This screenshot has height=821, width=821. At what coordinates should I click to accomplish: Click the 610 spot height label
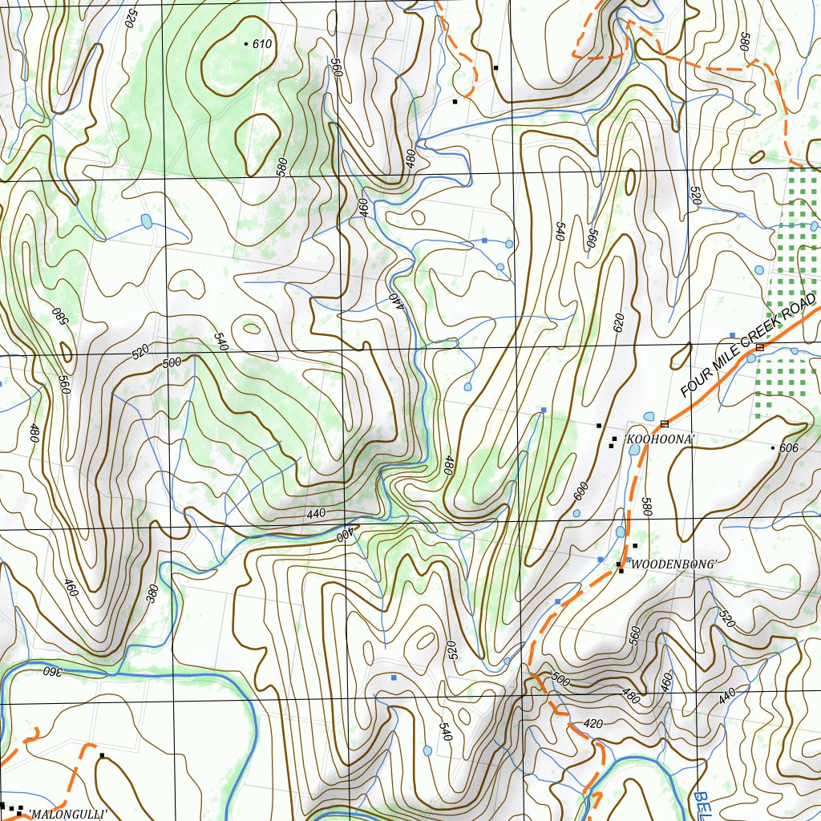(262, 44)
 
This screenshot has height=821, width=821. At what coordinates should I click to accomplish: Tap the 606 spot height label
(789, 448)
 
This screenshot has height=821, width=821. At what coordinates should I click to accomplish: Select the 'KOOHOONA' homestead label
(661, 439)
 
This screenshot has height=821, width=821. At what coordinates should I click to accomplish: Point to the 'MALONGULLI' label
(67, 814)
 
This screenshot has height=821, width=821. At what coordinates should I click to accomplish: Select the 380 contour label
(152, 593)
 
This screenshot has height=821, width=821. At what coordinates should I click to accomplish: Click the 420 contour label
(592, 724)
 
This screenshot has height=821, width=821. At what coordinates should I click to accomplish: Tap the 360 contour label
(51, 670)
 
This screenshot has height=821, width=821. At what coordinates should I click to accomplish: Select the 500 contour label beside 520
(172, 363)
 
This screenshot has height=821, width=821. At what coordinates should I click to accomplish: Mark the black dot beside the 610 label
(246, 43)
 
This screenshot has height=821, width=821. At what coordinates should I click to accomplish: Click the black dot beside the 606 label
(773, 447)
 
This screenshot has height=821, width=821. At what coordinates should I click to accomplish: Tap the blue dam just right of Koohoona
(634, 450)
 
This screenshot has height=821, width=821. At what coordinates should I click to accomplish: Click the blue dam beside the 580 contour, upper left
(146, 220)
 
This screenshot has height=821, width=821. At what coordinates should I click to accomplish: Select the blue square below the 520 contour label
(394, 678)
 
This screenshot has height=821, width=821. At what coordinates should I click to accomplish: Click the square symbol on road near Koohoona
(664, 423)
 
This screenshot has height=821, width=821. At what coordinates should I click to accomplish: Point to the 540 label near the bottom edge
(445, 731)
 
